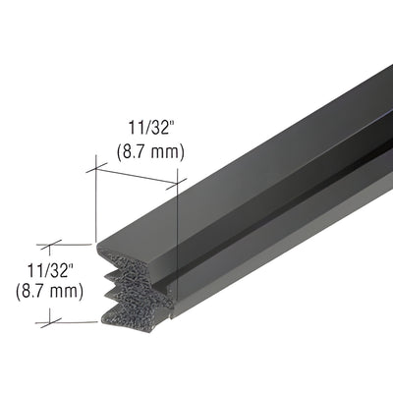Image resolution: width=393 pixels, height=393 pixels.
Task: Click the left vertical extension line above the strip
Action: [96, 201]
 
